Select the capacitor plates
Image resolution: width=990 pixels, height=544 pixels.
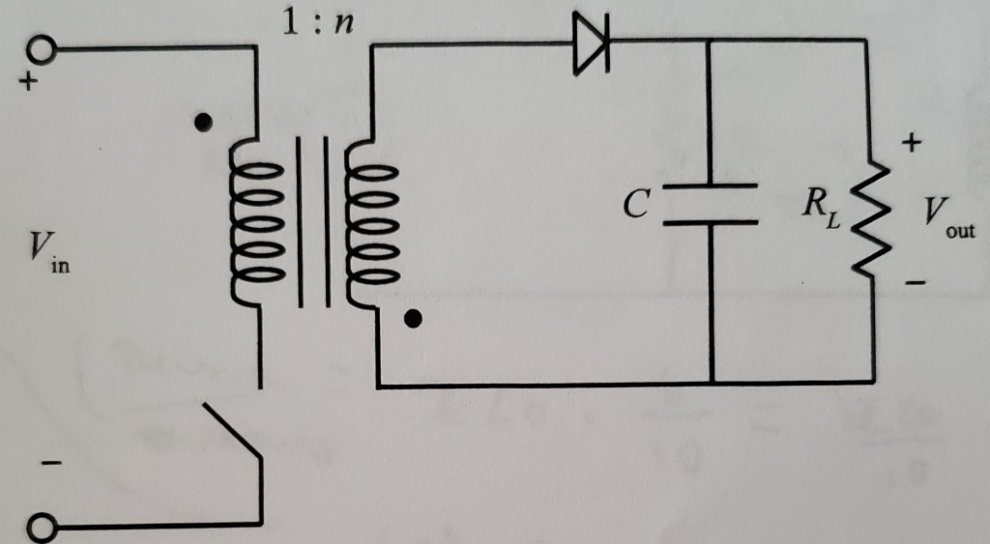pos(711,203)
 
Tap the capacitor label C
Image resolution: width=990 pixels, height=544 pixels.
pos(633,204)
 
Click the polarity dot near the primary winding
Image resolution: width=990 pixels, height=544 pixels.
pos(202,123)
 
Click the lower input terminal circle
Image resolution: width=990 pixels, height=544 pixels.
pos(40,528)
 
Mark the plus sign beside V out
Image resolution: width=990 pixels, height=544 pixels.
pos(913,145)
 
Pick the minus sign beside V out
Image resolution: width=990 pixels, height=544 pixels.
pos(915,283)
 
